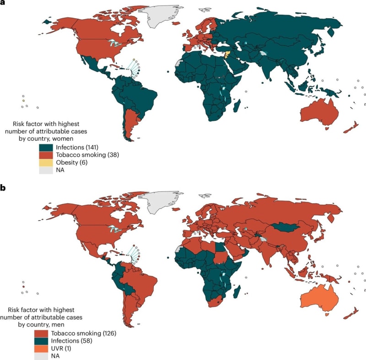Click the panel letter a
2,3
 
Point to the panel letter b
2,188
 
